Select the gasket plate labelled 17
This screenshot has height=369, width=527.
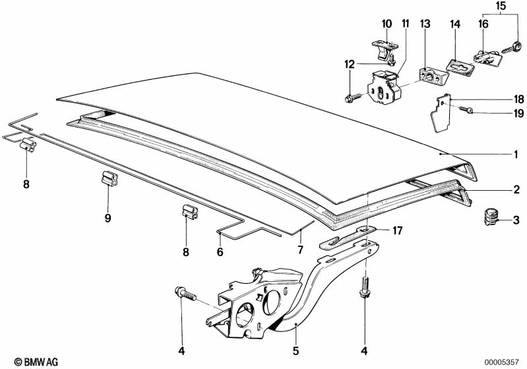point(347,236)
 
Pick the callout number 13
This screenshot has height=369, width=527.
point(425,24)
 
